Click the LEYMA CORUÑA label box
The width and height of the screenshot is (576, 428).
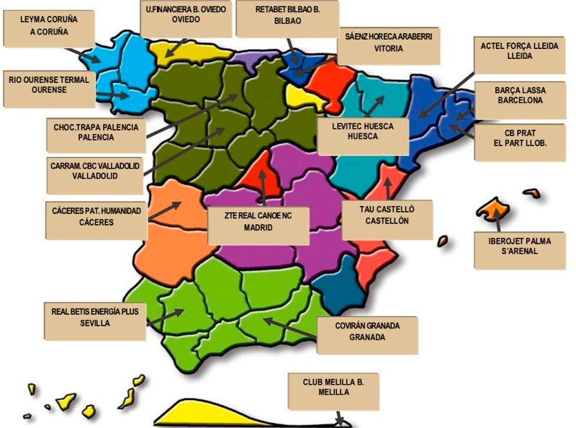coord(49,27)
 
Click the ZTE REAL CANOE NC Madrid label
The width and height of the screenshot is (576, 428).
coord(258,225)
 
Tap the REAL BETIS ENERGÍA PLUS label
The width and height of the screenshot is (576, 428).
coord(95,318)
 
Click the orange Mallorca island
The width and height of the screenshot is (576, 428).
coord(492,209)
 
